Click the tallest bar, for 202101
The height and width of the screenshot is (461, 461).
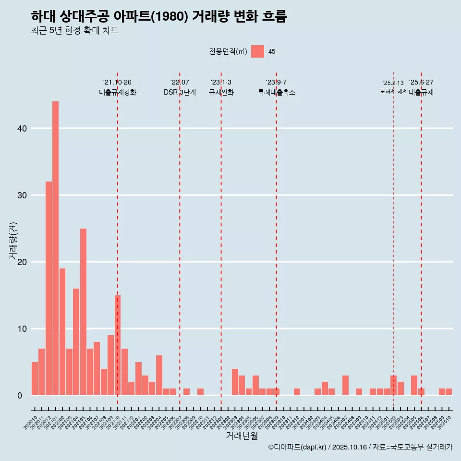click(x=55, y=248)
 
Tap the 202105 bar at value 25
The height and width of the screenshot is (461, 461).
click(x=83, y=312)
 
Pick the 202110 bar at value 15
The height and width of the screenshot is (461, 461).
click(x=117, y=345)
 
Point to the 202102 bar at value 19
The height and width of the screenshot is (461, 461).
click(x=62, y=332)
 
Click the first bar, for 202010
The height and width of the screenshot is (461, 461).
click(x=35, y=378)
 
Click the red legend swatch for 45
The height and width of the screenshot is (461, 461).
click(x=257, y=51)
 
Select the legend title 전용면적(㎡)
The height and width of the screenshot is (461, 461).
click(x=228, y=52)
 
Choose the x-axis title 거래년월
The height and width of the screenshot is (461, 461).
click(x=242, y=436)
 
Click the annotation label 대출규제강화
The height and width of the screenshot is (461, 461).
click(x=118, y=92)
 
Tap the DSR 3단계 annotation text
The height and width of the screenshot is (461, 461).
click(x=180, y=92)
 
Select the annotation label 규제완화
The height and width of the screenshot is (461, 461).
click(x=221, y=92)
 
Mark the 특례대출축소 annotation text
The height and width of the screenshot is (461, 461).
click(x=276, y=92)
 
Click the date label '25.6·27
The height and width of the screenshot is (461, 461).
click(x=421, y=83)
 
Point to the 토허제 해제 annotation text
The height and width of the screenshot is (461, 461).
click(x=393, y=91)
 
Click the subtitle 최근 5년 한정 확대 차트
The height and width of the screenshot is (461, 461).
click(x=74, y=31)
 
